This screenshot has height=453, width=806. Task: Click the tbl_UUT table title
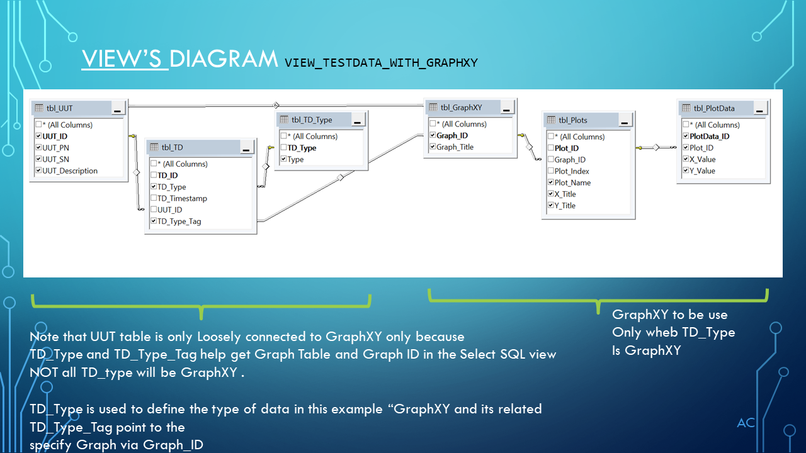59,108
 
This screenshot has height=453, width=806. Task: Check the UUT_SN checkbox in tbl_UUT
38,159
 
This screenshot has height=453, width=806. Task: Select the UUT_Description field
70,171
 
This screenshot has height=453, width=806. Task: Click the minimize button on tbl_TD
246,148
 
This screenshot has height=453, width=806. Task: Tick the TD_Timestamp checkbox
154,198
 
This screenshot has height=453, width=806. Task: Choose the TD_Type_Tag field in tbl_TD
179,221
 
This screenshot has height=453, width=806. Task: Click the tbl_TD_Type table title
312,120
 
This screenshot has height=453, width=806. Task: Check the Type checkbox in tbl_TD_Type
283,159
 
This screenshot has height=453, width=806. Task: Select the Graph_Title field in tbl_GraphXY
455,147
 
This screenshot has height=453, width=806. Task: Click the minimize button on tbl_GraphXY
506,108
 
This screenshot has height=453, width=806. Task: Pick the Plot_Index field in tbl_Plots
572,171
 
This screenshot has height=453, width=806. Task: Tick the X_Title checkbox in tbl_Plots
551,194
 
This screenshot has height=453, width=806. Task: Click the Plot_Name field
572,182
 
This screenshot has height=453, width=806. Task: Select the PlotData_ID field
709,136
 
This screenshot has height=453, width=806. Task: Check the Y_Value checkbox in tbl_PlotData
686,171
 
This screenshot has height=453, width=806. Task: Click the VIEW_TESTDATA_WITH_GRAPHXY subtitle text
381,62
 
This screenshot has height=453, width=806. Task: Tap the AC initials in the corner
746,423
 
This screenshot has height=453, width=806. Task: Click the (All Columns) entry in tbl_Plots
579,137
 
